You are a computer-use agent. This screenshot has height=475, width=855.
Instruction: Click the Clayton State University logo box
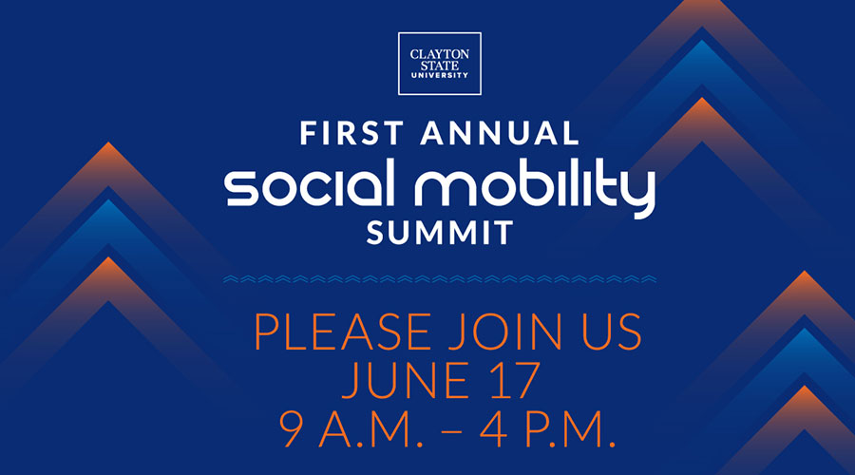440,64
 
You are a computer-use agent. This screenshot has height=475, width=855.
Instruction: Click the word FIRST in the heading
352,134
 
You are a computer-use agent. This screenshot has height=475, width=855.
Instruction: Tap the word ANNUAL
500,134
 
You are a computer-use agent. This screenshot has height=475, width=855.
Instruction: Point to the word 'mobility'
535,188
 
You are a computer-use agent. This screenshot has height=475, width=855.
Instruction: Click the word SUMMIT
440,233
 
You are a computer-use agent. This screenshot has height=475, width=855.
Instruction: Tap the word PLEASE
342,332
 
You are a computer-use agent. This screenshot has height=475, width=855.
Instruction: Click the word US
612,332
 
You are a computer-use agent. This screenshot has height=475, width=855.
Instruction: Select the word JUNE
405,380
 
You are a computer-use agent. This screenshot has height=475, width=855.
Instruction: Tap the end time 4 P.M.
548,428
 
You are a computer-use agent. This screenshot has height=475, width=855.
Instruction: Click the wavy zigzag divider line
440,279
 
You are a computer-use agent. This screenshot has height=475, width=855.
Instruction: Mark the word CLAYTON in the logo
440,54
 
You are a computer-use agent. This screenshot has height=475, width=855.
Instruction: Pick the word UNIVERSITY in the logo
440,75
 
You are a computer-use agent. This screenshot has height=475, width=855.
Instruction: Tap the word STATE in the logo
440,66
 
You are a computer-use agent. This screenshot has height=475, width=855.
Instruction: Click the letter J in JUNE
351,380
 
